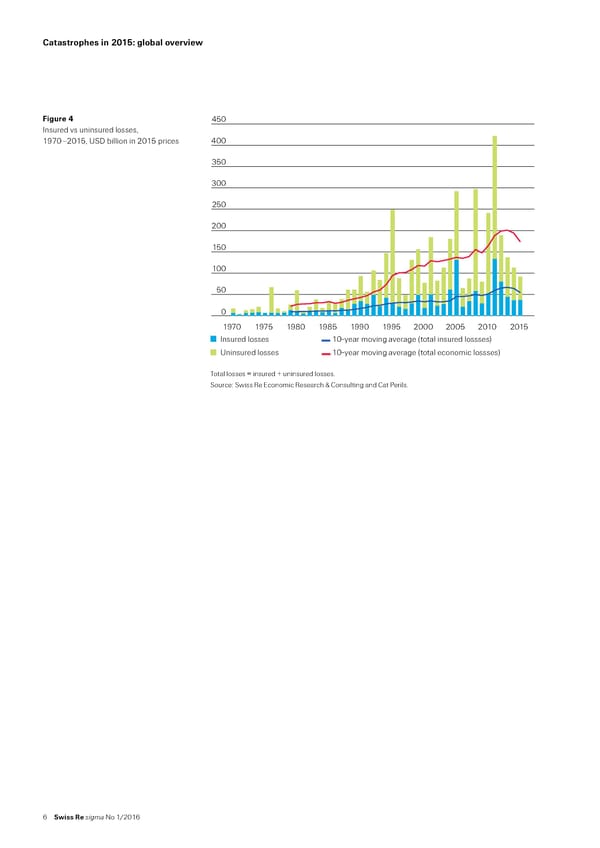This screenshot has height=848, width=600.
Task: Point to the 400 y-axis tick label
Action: [x=219, y=141]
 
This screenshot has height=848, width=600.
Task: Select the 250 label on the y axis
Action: [x=219, y=205]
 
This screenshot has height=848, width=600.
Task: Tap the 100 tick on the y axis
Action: [x=219, y=269]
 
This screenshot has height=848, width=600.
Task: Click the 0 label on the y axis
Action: [x=225, y=311]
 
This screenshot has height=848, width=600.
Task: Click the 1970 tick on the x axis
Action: [x=232, y=326]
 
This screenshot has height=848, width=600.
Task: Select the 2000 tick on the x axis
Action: [x=423, y=326]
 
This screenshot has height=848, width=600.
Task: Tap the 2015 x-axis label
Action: [x=519, y=326]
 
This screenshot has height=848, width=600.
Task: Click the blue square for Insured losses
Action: [x=214, y=340]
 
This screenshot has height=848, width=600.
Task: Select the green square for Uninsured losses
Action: [x=214, y=352]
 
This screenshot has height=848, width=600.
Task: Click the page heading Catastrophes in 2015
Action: [x=123, y=43]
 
